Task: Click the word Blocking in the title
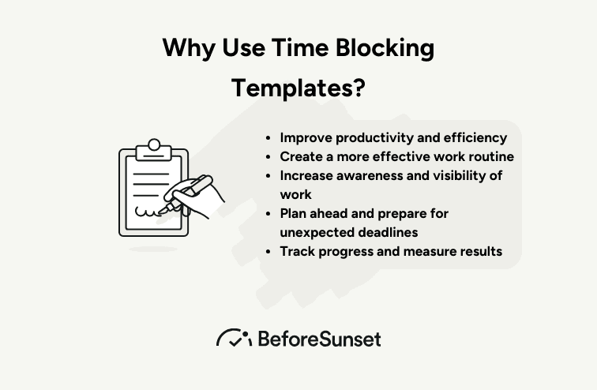(385, 48)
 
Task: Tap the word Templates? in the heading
(298, 88)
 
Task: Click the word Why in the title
(189, 48)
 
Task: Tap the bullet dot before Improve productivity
(268, 138)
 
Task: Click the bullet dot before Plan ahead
(268, 214)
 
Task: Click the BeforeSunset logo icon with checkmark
(235, 338)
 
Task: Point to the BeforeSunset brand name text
(320, 339)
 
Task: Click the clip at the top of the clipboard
(154, 150)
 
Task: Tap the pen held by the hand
(186, 193)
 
